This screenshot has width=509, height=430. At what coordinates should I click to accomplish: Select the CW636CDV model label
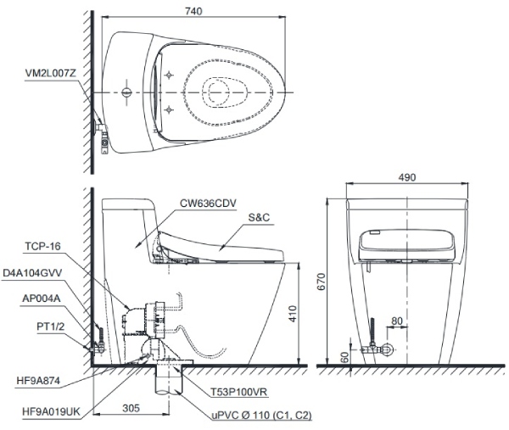(205, 204)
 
